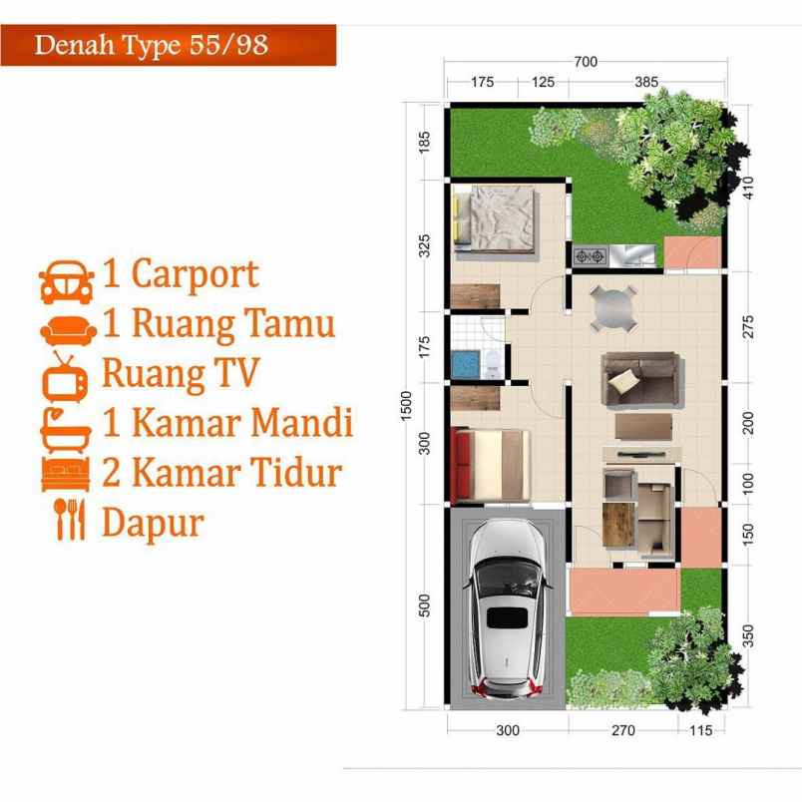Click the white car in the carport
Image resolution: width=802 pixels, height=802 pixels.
507,609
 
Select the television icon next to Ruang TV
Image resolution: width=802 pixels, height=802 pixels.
67,375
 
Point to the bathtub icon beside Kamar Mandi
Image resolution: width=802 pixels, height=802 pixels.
67,424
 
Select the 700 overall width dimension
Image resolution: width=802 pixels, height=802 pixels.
586,62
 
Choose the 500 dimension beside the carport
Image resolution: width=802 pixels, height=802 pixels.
424,606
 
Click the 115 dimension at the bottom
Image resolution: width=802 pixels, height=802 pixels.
701,730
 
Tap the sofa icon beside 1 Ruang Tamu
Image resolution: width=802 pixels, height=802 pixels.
67,328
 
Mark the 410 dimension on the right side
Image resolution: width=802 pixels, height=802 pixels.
748,187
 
